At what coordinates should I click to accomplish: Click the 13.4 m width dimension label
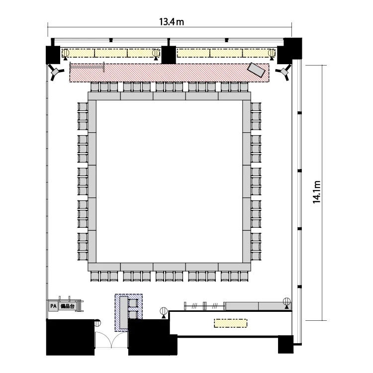pos(171,22)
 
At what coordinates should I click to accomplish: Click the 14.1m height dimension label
pos(317,192)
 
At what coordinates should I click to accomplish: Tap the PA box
pos(53,306)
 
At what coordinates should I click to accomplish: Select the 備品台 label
pos(68,306)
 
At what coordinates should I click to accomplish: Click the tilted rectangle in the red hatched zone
pos(256,70)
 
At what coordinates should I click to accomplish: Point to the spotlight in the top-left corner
pos(56,72)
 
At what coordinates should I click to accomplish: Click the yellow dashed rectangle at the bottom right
pos(230,323)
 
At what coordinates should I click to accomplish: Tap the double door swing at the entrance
pos(111,340)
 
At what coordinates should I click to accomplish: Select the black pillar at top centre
pos(169,55)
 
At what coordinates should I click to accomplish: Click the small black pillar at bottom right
pos(285,344)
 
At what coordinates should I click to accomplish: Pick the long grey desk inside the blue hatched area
pos(124,312)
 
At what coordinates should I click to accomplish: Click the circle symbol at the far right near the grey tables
pos(286,302)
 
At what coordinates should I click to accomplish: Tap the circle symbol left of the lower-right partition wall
pos(164,311)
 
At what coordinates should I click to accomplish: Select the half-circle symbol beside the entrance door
pos(98,323)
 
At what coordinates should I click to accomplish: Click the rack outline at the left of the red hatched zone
pos(87,67)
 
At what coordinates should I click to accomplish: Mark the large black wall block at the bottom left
pos(71,337)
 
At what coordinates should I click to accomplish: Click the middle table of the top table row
pos(169,96)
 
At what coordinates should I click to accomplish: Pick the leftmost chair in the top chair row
pos(94,87)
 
